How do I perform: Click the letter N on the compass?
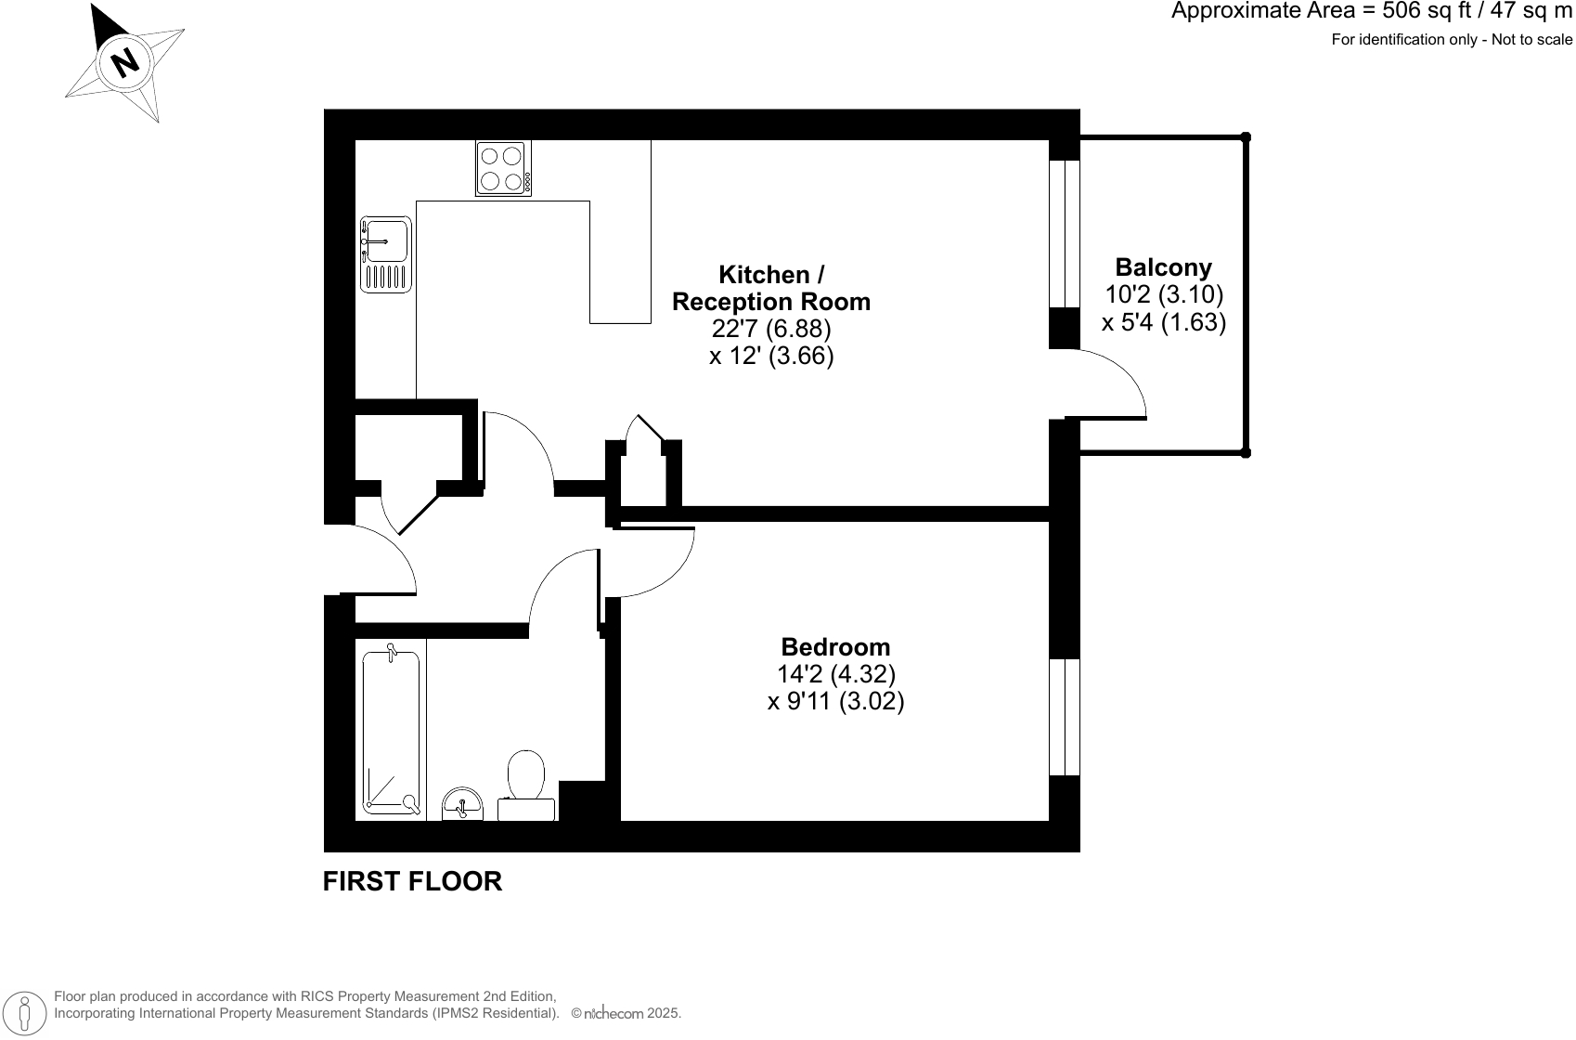(125, 62)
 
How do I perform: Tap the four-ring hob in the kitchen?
(503, 168)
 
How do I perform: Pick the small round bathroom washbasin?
(462, 803)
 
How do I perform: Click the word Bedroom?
(835, 646)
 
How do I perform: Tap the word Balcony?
(1163, 267)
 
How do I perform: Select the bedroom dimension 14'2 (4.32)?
(835, 673)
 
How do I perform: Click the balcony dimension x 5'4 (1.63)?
(1164, 322)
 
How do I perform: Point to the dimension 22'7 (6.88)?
(771, 329)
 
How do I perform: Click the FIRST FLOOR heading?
(412, 881)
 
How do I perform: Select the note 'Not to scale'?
(1534, 39)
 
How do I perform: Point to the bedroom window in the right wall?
(1065, 717)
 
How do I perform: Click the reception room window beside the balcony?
(1065, 233)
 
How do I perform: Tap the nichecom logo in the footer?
(613, 1014)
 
